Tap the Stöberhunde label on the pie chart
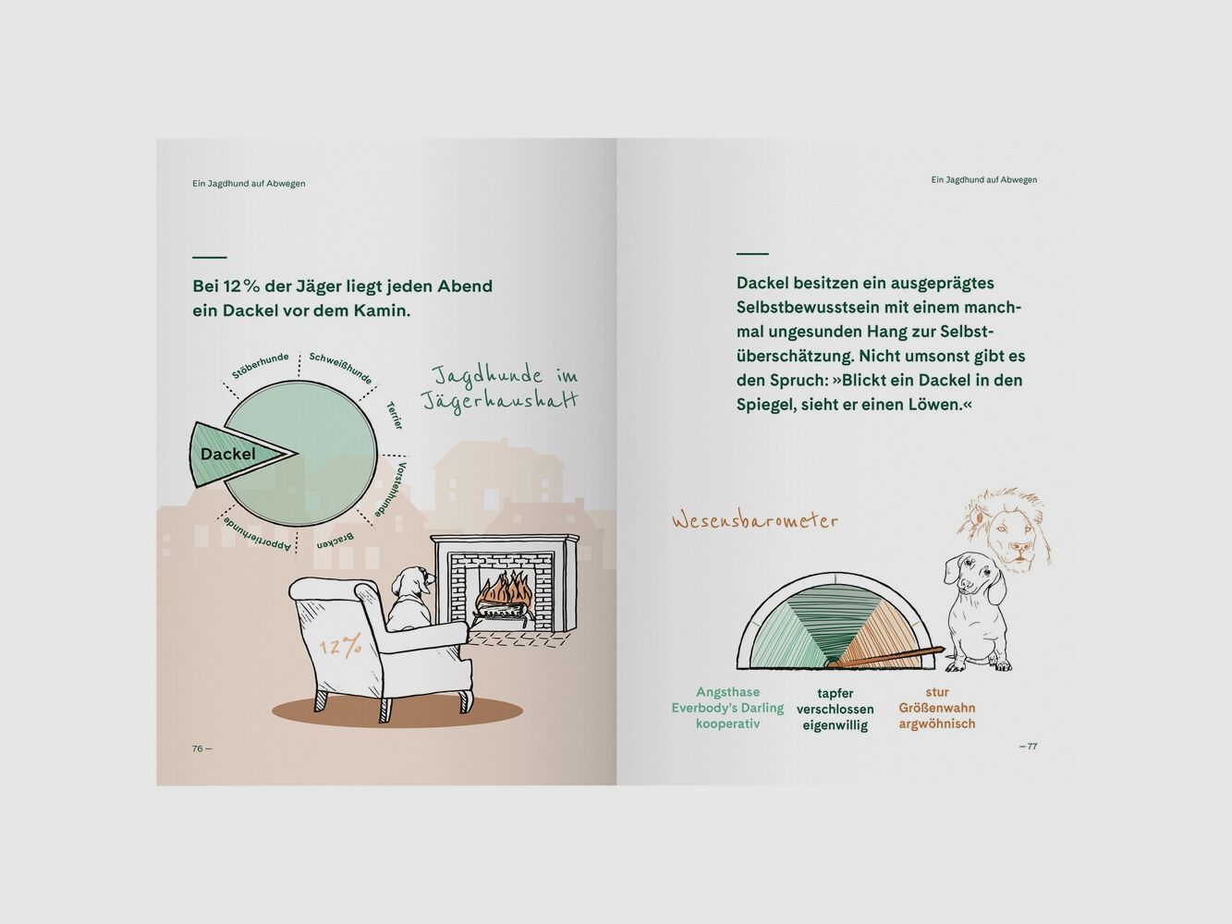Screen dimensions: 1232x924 point(261,366)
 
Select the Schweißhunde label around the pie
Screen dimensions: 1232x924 point(341,368)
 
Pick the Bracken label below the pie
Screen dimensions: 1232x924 point(335,541)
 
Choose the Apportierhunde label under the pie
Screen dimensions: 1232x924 point(257,535)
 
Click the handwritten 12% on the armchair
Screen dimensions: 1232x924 point(341,647)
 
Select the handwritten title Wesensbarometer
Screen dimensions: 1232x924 point(755,521)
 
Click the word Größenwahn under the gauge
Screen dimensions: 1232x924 point(937,708)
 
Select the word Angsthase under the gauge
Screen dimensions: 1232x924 point(727,692)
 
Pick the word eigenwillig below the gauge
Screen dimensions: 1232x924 point(835,725)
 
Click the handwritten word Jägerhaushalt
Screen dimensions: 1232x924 point(499,401)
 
